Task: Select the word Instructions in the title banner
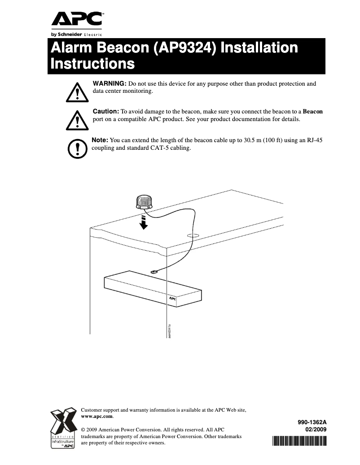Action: pyautogui.click(x=93, y=63)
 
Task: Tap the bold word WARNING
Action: pyautogui.click(x=109, y=84)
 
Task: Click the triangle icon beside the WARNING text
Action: pyautogui.click(x=77, y=92)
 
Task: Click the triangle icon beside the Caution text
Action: pyautogui.click(x=77, y=120)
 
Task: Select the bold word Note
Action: pyautogui.click(x=100, y=140)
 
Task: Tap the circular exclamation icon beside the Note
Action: pyautogui.click(x=77, y=148)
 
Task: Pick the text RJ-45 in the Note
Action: pyautogui.click(x=313, y=140)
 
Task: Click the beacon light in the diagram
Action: pyautogui.click(x=144, y=203)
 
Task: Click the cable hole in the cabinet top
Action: pyautogui.click(x=193, y=235)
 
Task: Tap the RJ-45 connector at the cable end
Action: pyautogui.click(x=154, y=271)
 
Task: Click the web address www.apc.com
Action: pyautogui.click(x=97, y=417)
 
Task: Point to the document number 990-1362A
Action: pyautogui.click(x=312, y=422)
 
